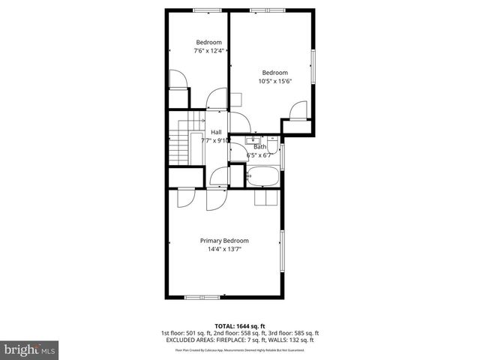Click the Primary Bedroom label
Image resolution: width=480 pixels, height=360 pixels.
pos(224,241)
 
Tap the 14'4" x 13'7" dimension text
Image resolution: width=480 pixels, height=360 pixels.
pos(224,250)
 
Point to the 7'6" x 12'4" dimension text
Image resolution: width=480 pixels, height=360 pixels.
pos(209,51)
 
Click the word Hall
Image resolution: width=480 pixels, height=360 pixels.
pos(215,132)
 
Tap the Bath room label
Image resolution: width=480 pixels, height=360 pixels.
pos(259,147)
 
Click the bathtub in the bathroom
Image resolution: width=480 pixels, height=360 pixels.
pos(263,178)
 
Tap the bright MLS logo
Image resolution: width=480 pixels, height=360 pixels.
pos(30,349)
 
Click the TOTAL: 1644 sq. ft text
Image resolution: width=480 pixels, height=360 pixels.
pos(240,325)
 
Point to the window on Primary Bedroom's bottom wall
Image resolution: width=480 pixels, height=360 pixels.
pos(202,297)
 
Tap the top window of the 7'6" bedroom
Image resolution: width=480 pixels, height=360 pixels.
pos(202,10)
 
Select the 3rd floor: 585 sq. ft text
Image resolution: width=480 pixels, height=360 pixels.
pos(291,333)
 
